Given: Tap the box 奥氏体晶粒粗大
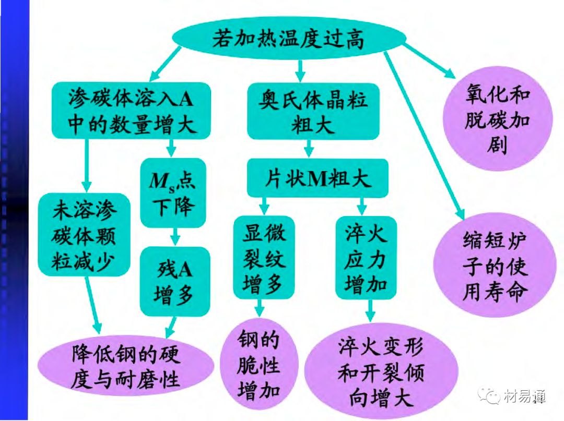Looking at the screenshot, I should click(x=313, y=110).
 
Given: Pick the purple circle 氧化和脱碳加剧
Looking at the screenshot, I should click(x=496, y=120).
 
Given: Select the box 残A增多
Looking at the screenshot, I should click(x=174, y=282).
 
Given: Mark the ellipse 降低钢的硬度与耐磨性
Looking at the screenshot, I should click(x=125, y=365).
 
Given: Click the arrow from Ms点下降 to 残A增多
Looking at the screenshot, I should click(x=174, y=237).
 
